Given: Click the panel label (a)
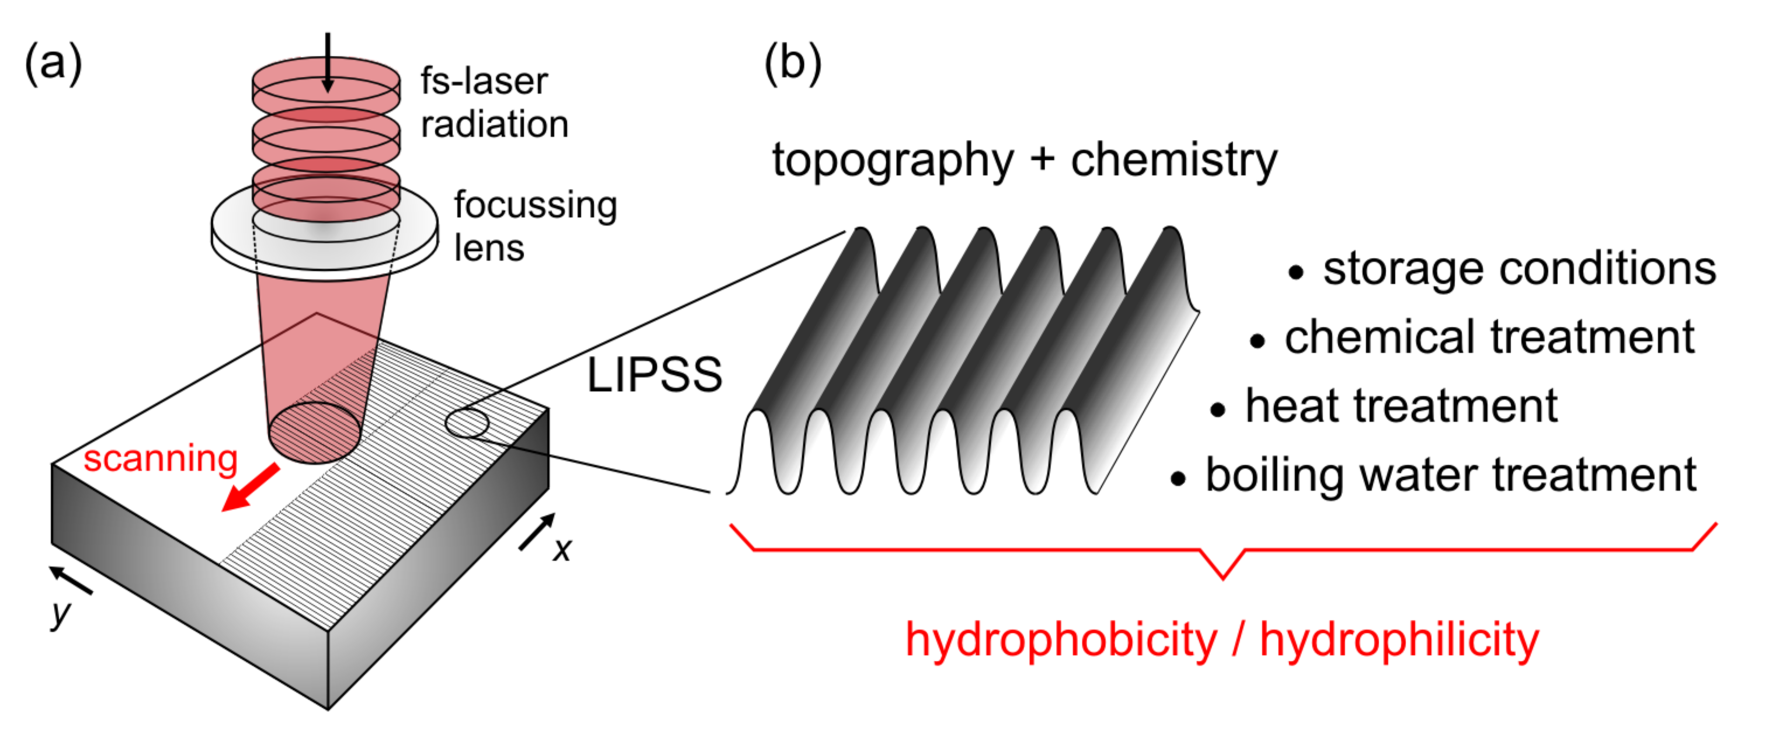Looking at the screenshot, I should [x=53, y=64].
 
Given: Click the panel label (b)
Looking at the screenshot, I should [x=792, y=64].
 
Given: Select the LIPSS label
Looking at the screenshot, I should [x=654, y=375].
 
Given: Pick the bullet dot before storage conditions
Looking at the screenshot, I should [x=1295, y=273].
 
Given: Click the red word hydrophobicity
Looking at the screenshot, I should [x=1061, y=639].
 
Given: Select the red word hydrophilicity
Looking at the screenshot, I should [x=1400, y=639].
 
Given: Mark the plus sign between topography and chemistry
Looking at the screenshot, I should [x=1041, y=159].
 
